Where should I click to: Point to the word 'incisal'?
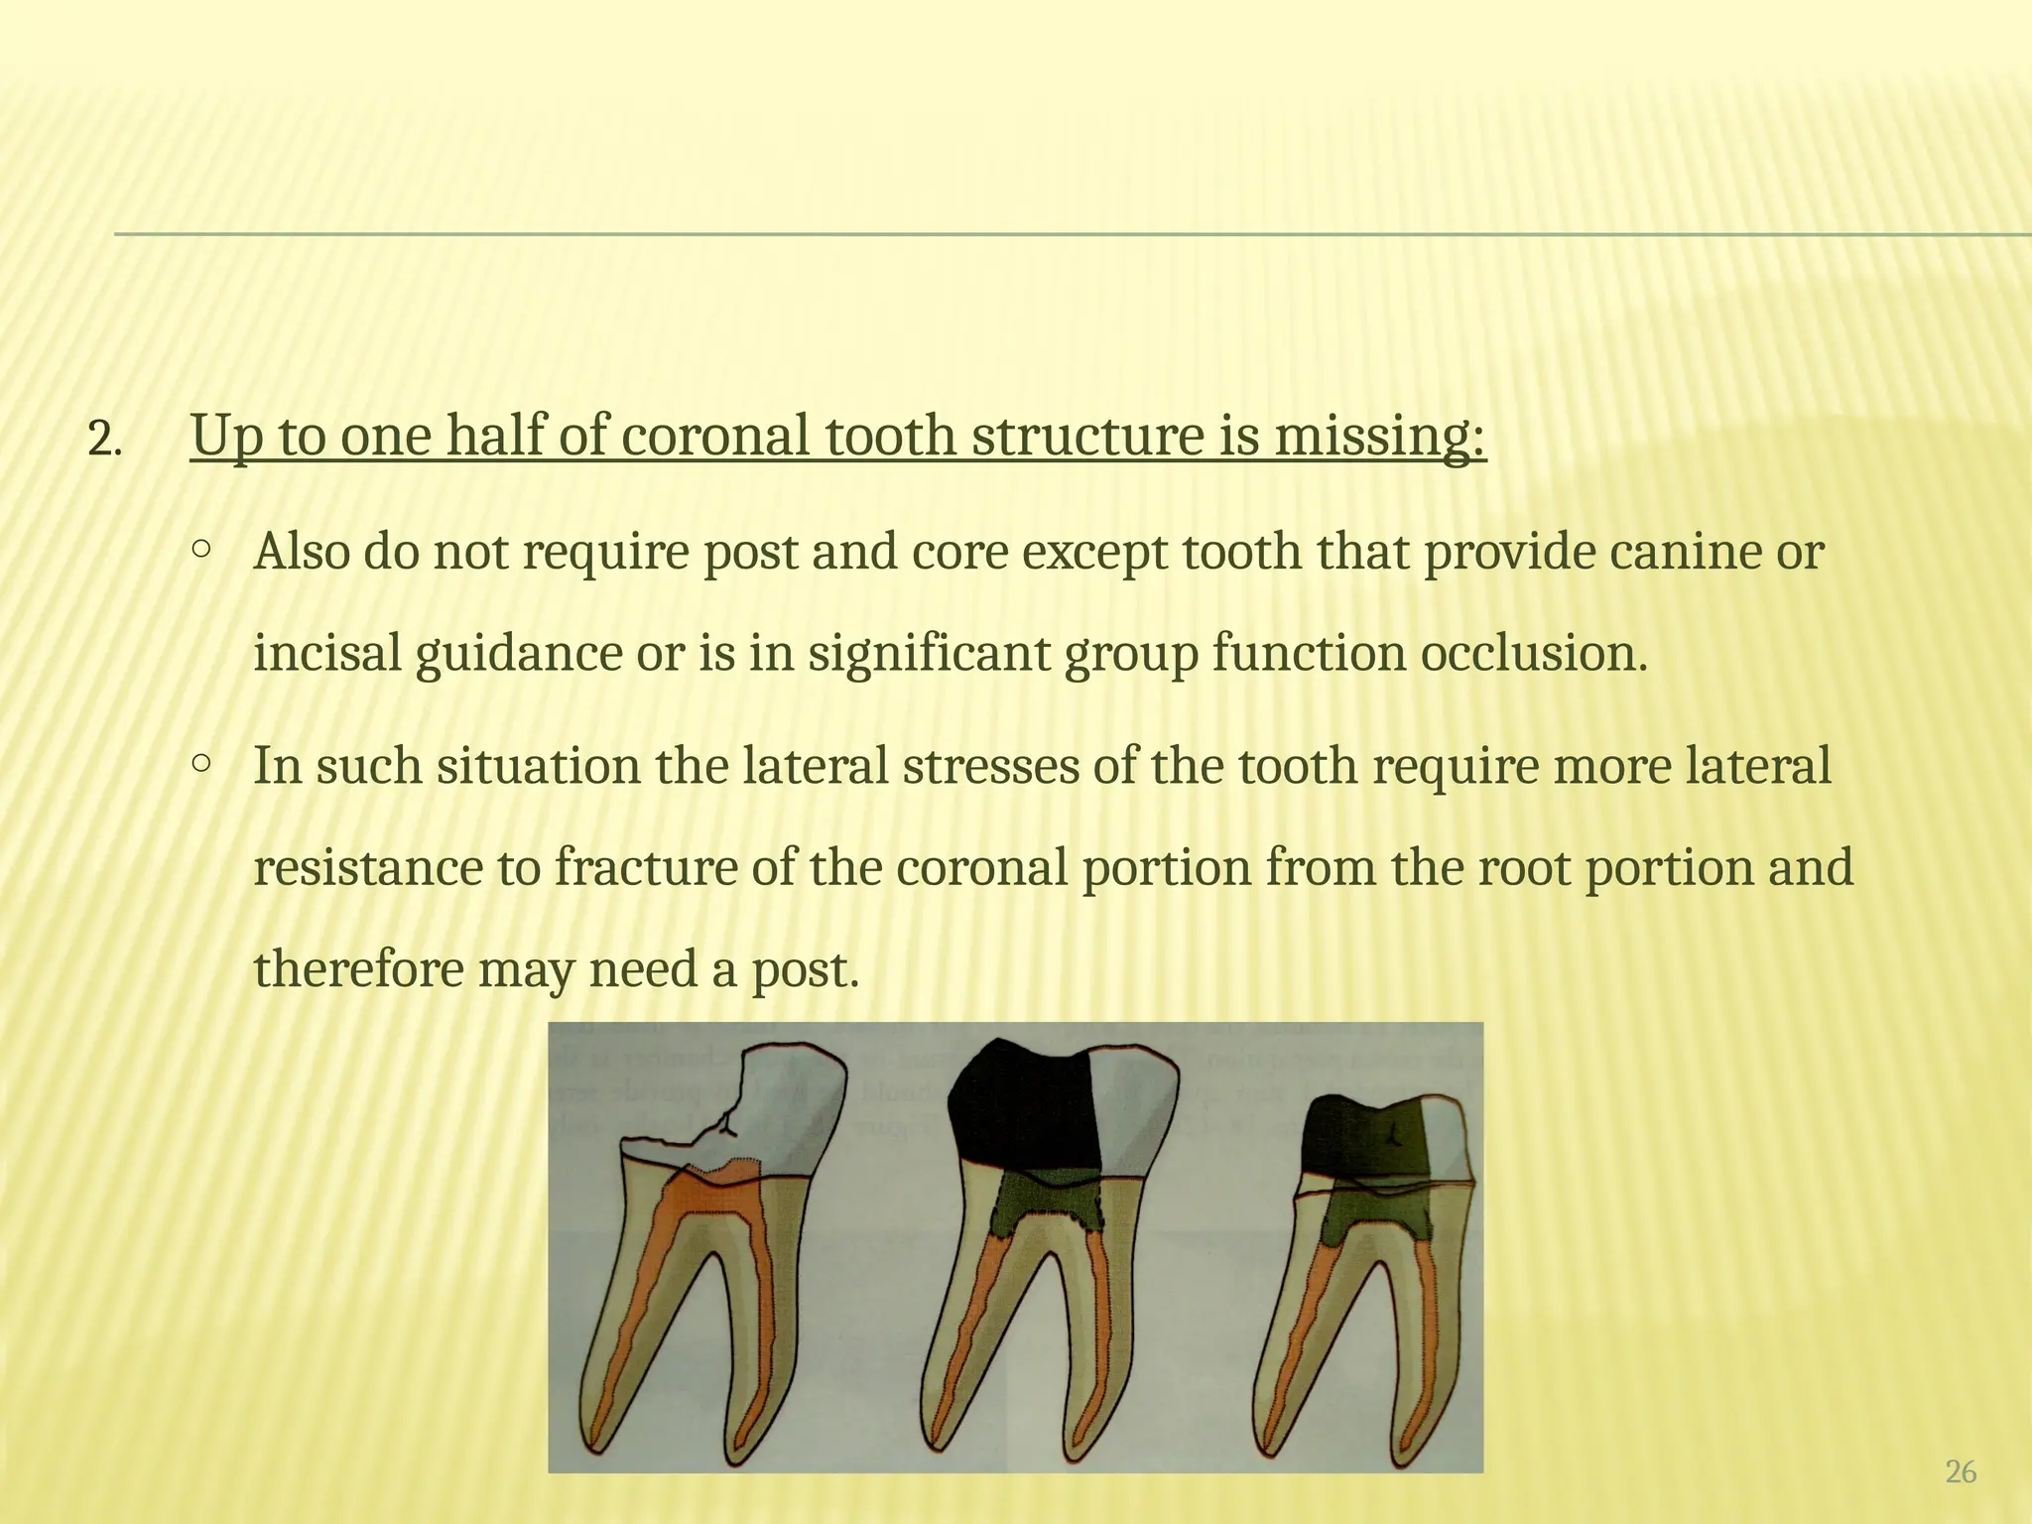[x=326, y=654]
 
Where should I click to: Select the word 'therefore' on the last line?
[x=359, y=969]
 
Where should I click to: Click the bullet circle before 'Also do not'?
[x=201, y=548]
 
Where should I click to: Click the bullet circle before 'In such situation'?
[x=201, y=763]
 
